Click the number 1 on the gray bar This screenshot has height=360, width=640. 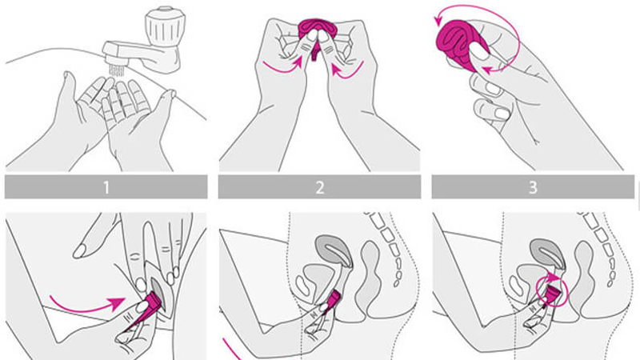pyautogui.click(x=106, y=187)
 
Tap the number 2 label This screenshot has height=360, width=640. pyautogui.click(x=319, y=187)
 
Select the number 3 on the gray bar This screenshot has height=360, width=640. pyautogui.click(x=533, y=187)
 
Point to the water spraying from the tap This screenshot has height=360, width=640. pyautogui.click(x=117, y=70)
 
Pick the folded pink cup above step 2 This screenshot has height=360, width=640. pyautogui.click(x=315, y=30)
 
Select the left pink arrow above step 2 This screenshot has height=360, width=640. pyautogui.click(x=282, y=66)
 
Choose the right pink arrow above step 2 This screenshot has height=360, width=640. pyautogui.click(x=347, y=68)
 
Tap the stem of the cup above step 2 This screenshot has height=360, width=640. pyautogui.click(x=314, y=54)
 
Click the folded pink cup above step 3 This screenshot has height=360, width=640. pyautogui.click(x=459, y=44)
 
